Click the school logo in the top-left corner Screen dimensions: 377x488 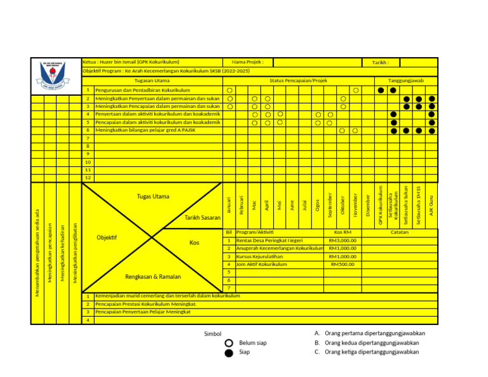point(56,75)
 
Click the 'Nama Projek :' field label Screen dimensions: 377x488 point(247,62)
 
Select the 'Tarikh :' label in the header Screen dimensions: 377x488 point(380,63)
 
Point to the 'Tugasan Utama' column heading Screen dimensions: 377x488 point(152,81)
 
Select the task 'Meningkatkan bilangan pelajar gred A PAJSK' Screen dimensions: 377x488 point(146,130)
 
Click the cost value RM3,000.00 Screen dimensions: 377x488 point(342,241)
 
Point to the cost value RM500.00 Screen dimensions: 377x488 point(342,264)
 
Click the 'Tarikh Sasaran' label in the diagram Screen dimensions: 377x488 point(202,218)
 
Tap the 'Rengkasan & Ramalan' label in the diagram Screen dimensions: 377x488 point(152,277)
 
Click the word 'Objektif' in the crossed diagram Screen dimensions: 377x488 point(107,237)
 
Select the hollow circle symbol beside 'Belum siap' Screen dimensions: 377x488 point(229,343)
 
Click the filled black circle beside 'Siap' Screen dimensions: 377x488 point(229,352)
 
